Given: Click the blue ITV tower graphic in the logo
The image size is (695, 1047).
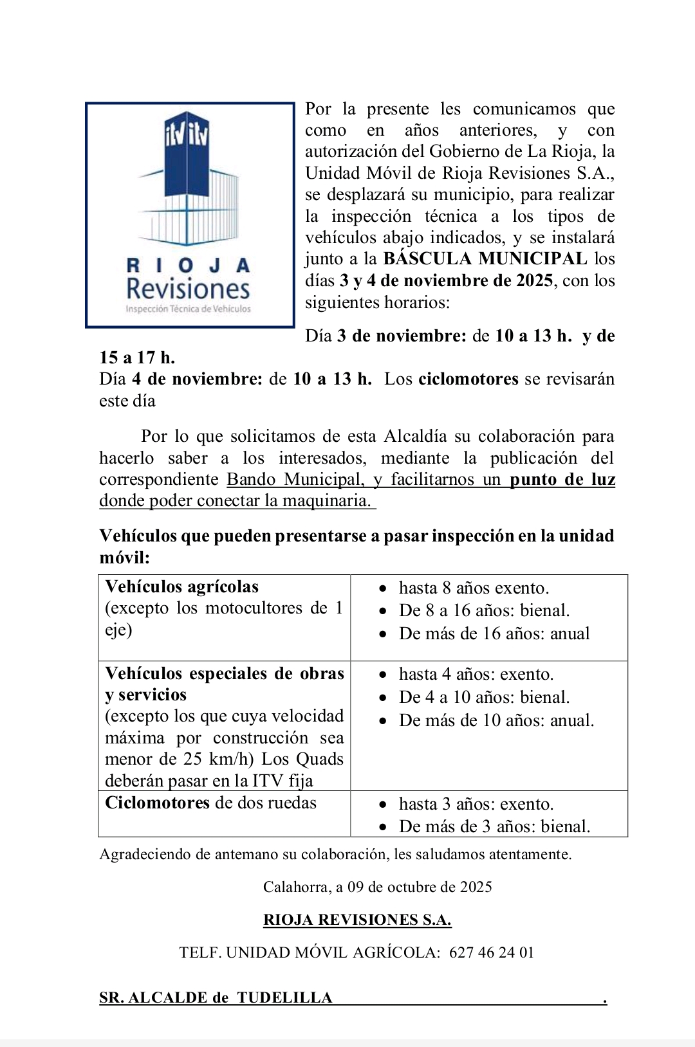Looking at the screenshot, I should point(187,174).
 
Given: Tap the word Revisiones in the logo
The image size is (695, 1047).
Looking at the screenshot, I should point(188,289).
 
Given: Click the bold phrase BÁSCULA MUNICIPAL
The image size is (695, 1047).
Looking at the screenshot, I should point(485,259).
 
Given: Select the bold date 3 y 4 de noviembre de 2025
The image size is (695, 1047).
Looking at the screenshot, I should point(446,281).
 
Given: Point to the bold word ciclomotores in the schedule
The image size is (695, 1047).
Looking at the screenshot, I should point(468,379).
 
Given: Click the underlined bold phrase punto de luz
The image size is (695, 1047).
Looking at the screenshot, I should point(562,480).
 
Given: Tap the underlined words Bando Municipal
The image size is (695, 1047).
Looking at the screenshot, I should point(294,480).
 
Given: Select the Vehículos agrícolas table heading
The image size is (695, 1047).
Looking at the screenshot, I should point(181,587).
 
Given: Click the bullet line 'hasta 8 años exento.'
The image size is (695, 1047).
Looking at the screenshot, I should point(474,588).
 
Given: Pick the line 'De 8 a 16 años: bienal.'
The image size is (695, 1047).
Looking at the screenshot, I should point(484,610).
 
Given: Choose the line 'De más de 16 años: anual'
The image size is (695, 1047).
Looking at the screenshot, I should point(494,633).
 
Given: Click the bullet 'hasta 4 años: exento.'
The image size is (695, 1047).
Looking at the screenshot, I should point(476,674).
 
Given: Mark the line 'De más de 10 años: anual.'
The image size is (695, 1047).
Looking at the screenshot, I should point(496,720).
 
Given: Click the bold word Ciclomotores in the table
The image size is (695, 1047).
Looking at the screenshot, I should point(158,803).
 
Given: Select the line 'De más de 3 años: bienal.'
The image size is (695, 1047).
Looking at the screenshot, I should point(494,826).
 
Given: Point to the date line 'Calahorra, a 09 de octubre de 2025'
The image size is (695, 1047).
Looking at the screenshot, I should point(377,887).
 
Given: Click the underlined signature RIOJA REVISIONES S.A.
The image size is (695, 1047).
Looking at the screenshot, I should point(357,920).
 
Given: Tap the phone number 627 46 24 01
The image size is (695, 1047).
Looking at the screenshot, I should point(492,952).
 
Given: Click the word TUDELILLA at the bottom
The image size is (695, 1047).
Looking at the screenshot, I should point(284,998).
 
